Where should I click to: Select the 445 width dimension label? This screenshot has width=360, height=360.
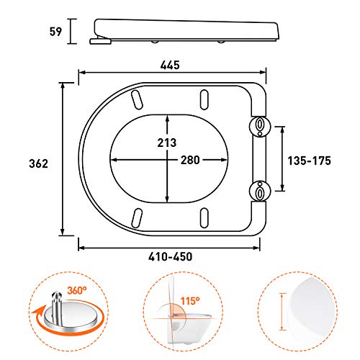169,65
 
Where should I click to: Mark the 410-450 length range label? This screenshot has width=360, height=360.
170,256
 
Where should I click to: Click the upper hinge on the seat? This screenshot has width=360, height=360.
258,127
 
